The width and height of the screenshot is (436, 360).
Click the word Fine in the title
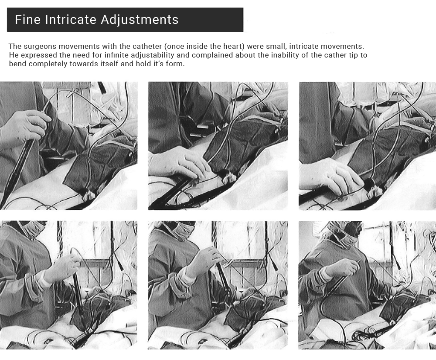[27, 20]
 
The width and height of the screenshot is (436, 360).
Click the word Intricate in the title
[71, 20]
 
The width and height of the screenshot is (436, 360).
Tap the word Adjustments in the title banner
[140, 20]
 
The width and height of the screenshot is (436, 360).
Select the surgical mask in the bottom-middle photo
[181, 229]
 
